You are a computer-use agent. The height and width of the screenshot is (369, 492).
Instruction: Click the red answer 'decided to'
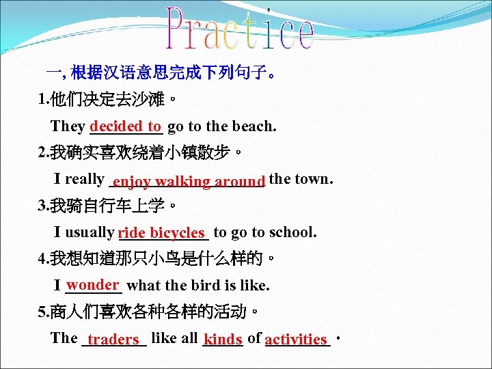[126, 126]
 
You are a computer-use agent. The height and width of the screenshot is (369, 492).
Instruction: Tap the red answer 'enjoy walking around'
[189, 181]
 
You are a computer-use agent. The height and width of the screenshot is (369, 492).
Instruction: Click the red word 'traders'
[113, 339]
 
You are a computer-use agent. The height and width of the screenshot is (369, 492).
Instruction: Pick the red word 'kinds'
[223, 339]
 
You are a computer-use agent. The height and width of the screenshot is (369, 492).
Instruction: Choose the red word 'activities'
[296, 339]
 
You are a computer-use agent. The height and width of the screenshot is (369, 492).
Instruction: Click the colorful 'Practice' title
[241, 29]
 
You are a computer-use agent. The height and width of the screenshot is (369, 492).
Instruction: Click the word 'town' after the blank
[312, 179]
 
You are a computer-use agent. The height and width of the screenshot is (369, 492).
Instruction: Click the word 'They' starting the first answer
[68, 126]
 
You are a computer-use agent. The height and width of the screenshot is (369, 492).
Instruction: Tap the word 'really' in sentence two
[84, 179]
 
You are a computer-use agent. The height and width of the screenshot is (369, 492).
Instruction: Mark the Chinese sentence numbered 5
[149, 312]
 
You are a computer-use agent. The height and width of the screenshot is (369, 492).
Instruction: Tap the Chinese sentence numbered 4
[157, 259]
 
